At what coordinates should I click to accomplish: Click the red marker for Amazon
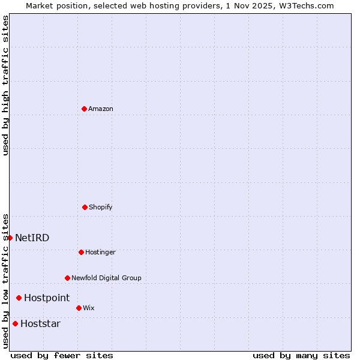[x=84, y=109]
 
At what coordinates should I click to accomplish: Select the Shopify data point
[x=85, y=207]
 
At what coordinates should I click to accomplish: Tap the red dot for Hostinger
[x=81, y=252]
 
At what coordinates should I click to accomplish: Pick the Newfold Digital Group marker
[x=67, y=278]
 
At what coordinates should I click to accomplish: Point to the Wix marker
[x=79, y=308]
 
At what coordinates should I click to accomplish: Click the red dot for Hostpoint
[x=19, y=298]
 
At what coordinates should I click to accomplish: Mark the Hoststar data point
[x=15, y=323]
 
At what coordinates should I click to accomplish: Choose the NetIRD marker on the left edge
[x=10, y=238]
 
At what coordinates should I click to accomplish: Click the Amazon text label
[x=101, y=109]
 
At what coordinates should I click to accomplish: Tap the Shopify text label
[x=101, y=207]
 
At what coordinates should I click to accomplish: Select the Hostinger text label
[x=100, y=252]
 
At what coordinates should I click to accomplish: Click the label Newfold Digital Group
[x=106, y=278]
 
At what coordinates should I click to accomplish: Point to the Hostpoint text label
[x=47, y=298]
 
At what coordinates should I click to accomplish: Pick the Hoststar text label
[x=40, y=323]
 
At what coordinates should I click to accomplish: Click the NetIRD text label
[x=32, y=238]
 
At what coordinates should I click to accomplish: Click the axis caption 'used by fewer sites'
[x=62, y=355]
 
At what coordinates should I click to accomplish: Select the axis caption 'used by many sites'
[x=301, y=355]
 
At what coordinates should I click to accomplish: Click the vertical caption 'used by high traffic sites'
[x=5, y=85]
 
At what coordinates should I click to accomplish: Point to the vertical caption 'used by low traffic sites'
[x=5, y=280]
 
